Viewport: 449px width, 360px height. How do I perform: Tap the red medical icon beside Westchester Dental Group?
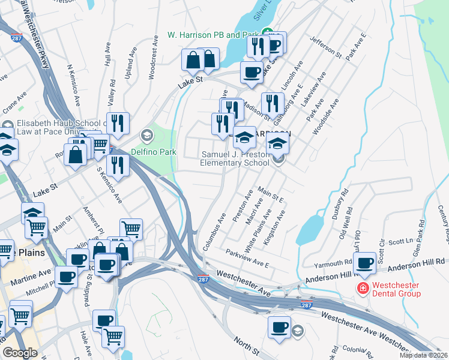363,289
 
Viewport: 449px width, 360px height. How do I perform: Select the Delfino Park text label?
159,152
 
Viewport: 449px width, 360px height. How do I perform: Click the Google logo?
20,353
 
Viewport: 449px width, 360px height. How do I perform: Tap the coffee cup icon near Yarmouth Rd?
364,262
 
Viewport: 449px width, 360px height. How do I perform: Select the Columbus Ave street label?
213,233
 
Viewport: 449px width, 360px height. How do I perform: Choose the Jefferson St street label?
325,47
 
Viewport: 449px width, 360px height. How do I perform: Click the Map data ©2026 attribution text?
423,355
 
